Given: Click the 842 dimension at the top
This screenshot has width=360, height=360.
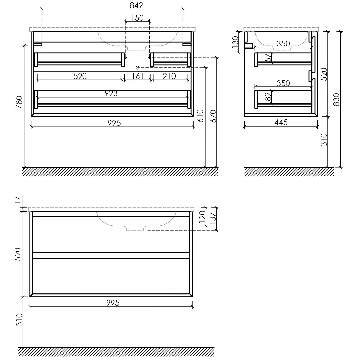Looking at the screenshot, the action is [x=136, y=5].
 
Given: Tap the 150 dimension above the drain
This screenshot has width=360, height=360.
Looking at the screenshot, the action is [x=137, y=18].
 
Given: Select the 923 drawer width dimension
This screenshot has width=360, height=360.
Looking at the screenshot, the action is [x=111, y=93].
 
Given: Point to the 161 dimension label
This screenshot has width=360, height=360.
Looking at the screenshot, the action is [x=137, y=76].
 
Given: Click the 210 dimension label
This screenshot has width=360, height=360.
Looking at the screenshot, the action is [x=169, y=76].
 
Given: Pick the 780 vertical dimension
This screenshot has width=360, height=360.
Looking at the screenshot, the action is [x=19, y=102].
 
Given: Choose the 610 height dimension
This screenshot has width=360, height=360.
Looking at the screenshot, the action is [x=200, y=116].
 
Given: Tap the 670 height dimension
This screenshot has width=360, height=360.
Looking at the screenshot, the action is [x=213, y=116].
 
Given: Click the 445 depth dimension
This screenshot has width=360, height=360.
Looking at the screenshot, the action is [x=281, y=122].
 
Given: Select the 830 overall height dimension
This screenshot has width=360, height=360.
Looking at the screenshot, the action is [x=336, y=99].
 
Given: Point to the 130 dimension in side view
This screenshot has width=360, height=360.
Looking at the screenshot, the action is [x=235, y=42].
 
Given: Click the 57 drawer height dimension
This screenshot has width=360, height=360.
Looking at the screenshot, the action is [x=268, y=58].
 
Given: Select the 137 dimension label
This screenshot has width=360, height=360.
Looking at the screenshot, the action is [x=213, y=218].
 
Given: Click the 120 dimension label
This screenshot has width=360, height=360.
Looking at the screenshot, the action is [x=203, y=217].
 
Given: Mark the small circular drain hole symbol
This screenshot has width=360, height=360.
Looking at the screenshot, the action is [x=138, y=67].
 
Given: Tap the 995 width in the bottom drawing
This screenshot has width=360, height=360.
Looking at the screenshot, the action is [x=113, y=303].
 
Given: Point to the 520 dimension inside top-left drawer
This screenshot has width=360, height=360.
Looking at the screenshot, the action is [x=80, y=76].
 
